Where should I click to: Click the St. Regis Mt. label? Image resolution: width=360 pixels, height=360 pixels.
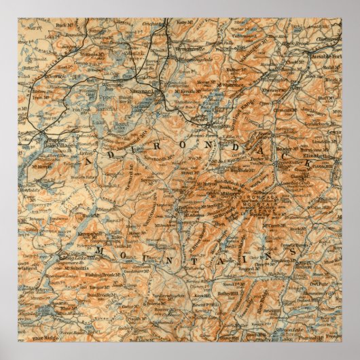pyautogui.click(x=90, y=52)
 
